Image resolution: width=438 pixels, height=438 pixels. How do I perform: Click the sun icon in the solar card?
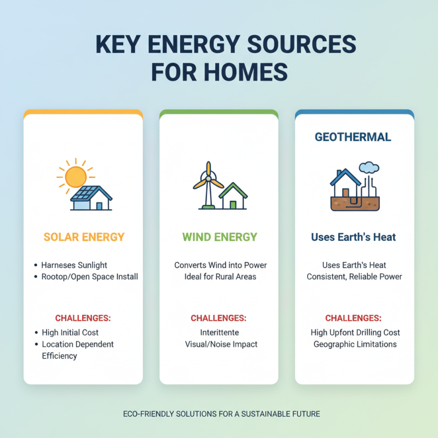pos(76,176)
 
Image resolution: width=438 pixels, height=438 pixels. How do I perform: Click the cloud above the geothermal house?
pos(369,166)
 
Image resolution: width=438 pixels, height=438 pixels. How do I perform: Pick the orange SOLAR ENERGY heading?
pos(84,237)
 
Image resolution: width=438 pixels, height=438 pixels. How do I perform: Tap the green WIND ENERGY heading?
pos(220,237)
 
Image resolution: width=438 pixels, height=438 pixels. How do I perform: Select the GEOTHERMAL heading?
pos(353,137)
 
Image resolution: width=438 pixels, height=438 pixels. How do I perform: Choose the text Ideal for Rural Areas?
pos(220,276)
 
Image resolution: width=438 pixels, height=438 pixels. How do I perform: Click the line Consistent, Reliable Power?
pos(354,276)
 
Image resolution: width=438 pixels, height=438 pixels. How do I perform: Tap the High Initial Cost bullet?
pos(70,332)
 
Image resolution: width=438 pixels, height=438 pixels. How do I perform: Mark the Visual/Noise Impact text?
pos(221,344)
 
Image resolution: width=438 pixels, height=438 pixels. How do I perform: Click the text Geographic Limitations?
pos(355,344)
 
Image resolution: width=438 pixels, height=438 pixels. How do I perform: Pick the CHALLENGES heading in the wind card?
pos(218,318)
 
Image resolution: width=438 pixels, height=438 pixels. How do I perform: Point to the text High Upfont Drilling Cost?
pos(355,332)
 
